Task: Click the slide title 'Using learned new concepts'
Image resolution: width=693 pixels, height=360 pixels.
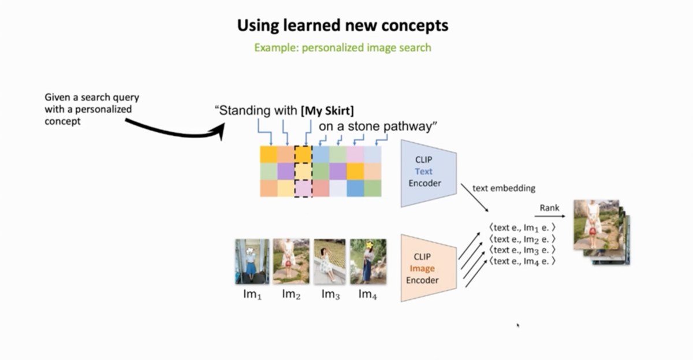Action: (343, 25)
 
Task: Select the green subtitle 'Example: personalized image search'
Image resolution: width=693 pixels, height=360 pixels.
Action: (343, 47)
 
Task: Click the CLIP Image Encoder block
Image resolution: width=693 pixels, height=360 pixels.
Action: (429, 268)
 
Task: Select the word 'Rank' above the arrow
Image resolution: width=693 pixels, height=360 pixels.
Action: (549, 207)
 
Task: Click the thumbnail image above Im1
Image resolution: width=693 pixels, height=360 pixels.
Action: (252, 261)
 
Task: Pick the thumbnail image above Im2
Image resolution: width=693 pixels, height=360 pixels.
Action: (291, 261)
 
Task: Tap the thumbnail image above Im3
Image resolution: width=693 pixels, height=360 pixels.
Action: (329, 261)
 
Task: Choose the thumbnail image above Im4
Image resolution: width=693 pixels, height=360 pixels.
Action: (368, 261)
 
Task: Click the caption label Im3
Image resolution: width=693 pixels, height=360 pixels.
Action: (330, 294)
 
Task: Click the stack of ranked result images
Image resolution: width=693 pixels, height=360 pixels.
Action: (601, 231)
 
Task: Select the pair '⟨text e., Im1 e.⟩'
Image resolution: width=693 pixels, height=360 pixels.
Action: (521, 228)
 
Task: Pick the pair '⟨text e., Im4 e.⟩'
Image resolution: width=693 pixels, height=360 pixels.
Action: (521, 261)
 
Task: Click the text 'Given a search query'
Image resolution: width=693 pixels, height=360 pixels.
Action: (92, 97)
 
